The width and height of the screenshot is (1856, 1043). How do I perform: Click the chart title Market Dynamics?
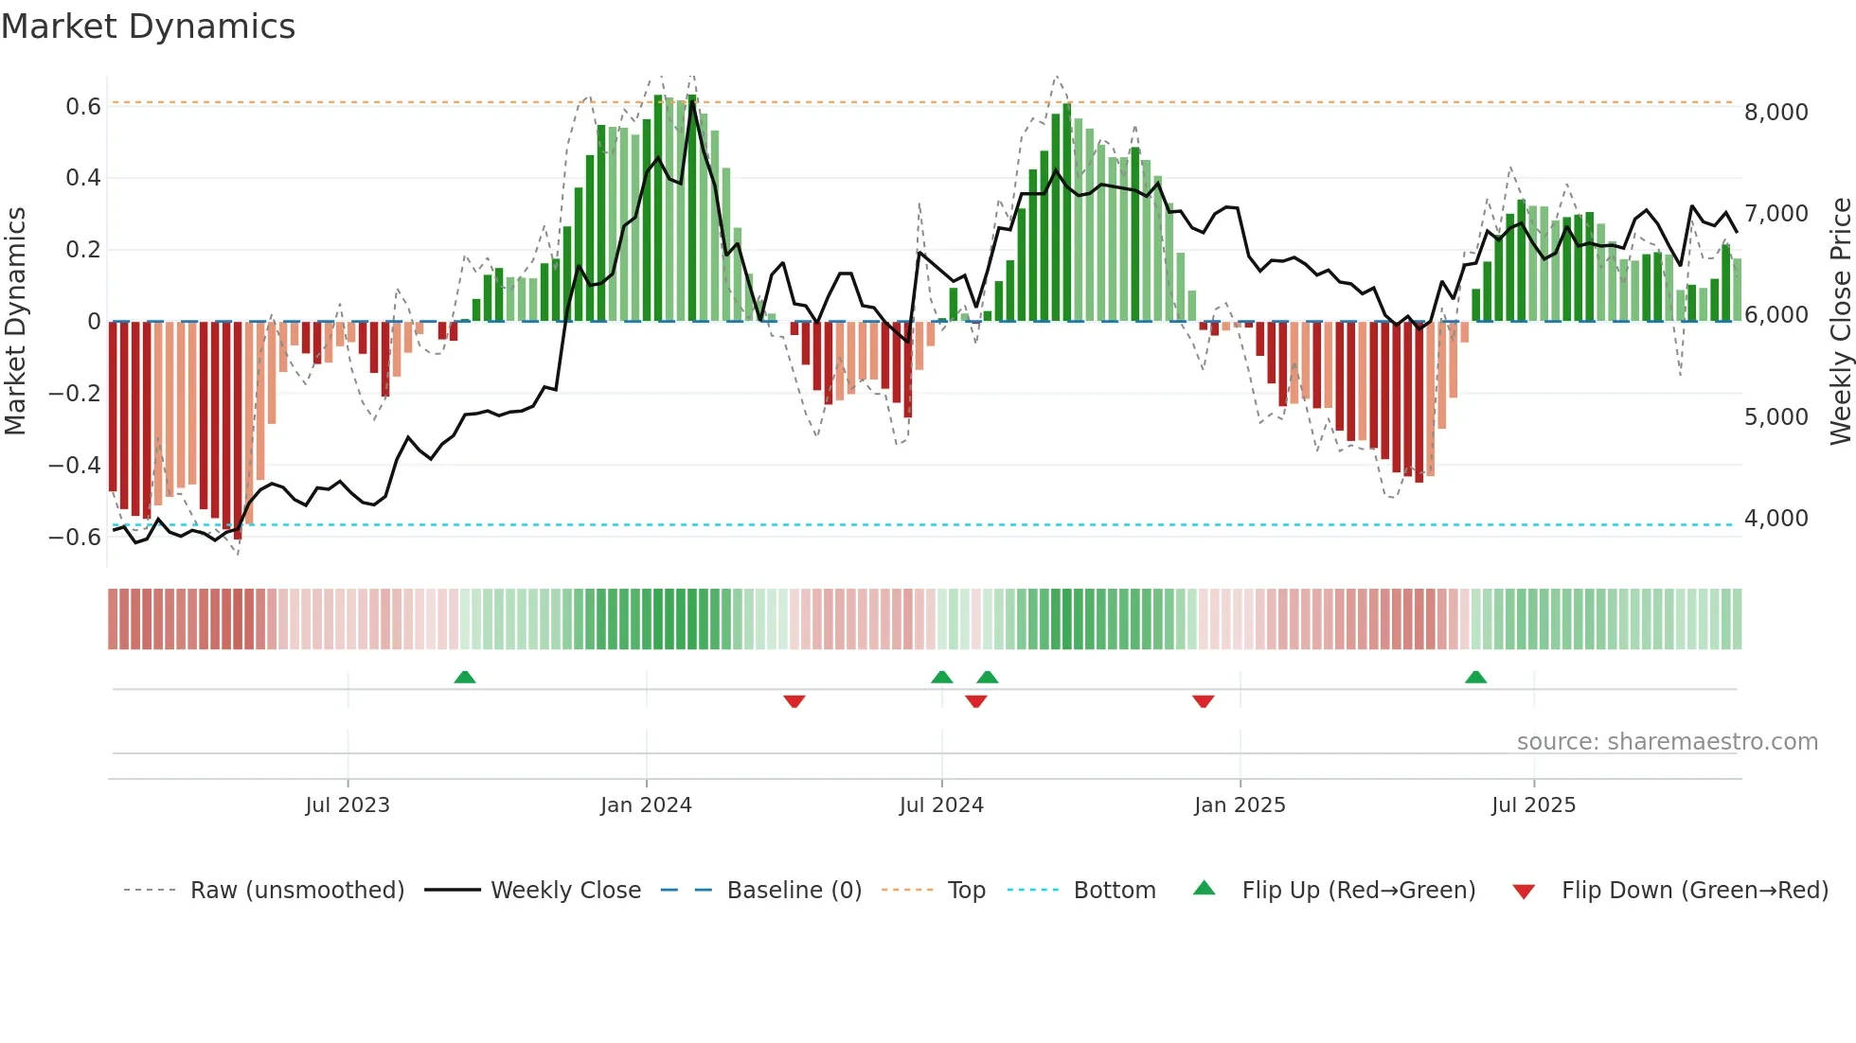click(148, 27)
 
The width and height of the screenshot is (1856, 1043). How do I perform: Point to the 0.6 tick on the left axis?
click(83, 107)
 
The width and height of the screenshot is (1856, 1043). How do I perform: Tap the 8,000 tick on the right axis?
click(1776, 113)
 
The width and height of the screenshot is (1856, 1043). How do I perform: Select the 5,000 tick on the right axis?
click(1776, 417)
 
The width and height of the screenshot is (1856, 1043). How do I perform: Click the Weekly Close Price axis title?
click(1840, 322)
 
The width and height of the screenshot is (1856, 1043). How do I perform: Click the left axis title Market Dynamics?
click(15, 322)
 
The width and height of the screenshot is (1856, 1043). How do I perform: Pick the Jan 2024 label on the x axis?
click(646, 805)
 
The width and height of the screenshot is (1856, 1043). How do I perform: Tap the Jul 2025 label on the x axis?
click(1533, 805)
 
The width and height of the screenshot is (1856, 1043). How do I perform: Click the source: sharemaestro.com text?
click(1667, 742)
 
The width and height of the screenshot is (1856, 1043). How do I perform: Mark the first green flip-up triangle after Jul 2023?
click(464, 678)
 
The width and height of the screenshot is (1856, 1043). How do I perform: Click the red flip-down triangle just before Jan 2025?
click(1203, 701)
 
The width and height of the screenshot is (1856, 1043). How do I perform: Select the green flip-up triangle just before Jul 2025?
click(1475, 678)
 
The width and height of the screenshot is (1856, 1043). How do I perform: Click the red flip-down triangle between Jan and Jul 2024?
click(794, 701)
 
